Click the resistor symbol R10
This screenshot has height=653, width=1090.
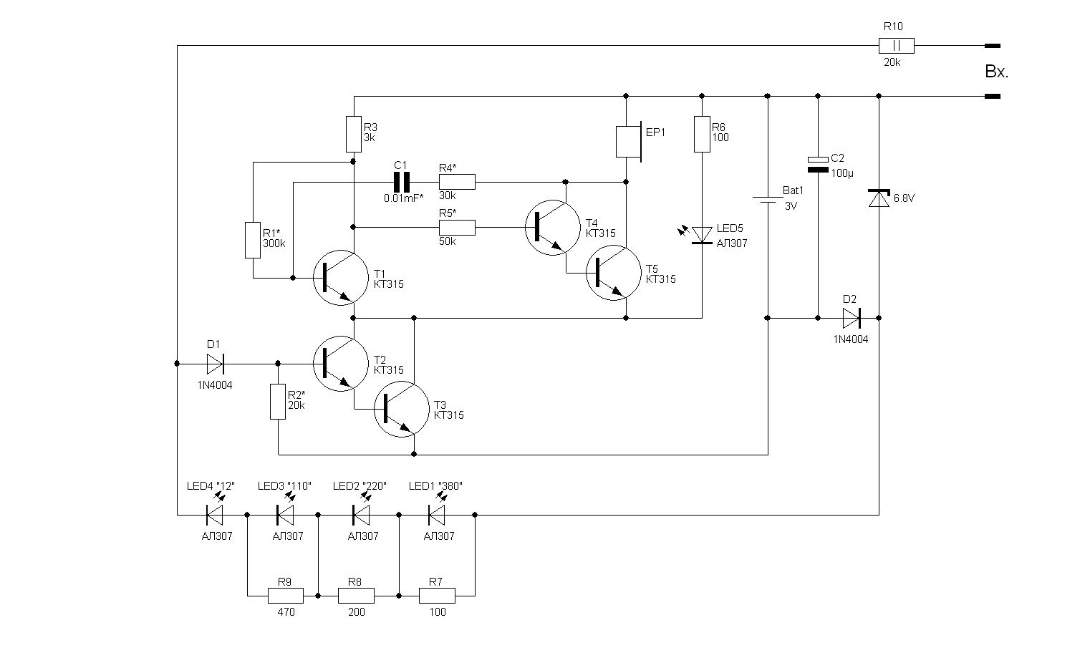point(897,46)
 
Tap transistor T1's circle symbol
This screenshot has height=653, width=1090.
point(341,278)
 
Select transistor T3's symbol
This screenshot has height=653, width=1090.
point(401,410)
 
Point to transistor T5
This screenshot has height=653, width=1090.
point(613,273)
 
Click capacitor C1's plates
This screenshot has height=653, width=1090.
point(402,183)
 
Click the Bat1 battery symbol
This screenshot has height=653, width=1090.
point(768,200)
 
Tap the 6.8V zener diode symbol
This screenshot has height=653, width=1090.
point(879,198)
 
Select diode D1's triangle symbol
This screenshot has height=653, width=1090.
point(215,364)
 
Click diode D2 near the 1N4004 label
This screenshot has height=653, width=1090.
point(852,317)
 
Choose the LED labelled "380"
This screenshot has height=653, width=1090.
point(437,514)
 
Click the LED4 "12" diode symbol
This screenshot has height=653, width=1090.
point(214,514)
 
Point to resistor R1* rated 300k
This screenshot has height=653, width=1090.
point(253,240)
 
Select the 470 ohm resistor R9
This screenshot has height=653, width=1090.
point(284,595)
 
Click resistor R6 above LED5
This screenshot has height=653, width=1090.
point(702,134)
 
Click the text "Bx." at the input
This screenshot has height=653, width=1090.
point(996,72)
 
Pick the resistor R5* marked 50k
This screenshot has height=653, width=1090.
point(457,228)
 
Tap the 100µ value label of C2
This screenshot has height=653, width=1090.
point(843,173)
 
